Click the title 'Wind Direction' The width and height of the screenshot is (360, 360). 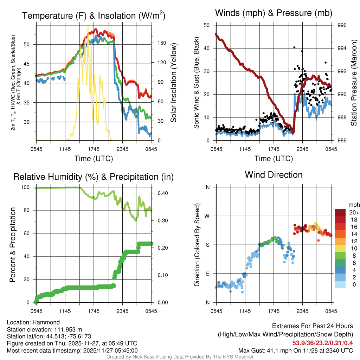(x=274, y=175)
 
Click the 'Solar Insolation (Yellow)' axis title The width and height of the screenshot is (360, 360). (x=173, y=83)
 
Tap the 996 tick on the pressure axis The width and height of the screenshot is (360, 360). (x=342, y=25)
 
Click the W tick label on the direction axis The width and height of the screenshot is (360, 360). (x=207, y=216)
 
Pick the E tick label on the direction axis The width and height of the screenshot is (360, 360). (x=207, y=274)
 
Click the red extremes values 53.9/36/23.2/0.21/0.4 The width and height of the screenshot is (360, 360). (x=322, y=343)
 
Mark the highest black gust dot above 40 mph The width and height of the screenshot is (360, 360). (x=294, y=47)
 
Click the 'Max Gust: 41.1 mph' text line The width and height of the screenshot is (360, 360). (x=295, y=350)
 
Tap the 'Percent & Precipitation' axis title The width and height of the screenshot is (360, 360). (x=13, y=245)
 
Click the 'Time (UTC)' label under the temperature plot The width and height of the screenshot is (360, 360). (x=94, y=159)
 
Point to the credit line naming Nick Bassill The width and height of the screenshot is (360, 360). (x=180, y=357)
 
